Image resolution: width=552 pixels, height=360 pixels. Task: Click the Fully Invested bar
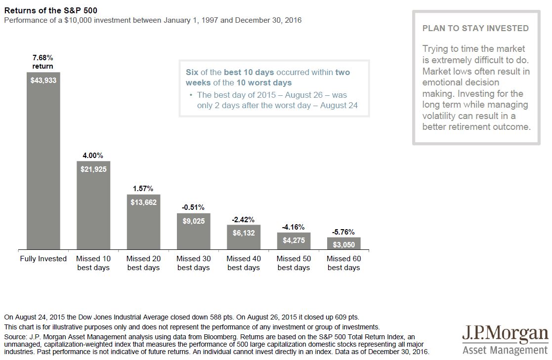click(43, 163)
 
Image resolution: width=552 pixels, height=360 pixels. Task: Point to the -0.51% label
click(193, 207)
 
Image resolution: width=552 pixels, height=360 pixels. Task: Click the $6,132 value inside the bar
click(244, 233)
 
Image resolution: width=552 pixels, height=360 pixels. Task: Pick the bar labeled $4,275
click(294, 241)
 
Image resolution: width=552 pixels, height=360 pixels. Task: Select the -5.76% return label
click(343, 231)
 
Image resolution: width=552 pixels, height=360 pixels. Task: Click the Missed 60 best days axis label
click(343, 263)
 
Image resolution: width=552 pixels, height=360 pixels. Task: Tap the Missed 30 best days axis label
click(193, 263)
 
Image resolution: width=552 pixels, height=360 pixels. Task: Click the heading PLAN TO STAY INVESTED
click(475, 29)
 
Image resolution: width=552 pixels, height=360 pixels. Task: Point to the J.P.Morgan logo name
click(505, 334)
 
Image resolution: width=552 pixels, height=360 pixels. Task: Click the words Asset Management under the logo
click(505, 350)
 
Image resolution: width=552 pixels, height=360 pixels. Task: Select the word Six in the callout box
click(192, 72)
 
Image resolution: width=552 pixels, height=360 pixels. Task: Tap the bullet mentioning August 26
click(275, 100)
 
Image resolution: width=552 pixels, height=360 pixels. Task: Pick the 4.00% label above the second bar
click(93, 155)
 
